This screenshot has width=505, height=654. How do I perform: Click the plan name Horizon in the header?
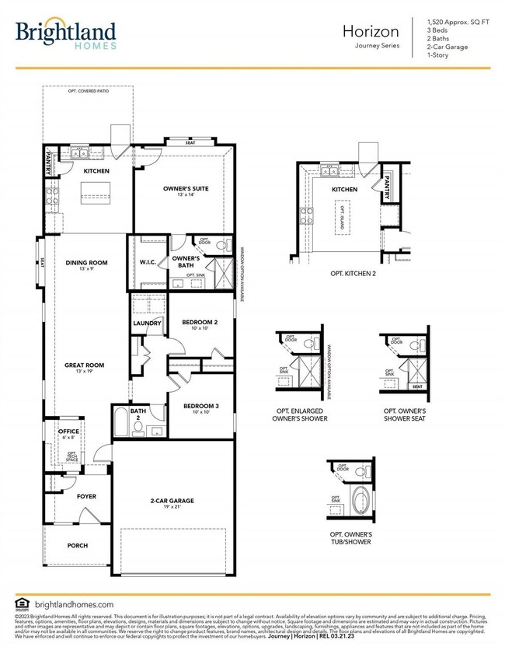point(371,31)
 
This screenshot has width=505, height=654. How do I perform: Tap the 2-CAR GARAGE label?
point(172,501)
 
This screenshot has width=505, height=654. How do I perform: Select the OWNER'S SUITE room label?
point(183,189)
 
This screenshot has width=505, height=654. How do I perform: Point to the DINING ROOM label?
point(86,263)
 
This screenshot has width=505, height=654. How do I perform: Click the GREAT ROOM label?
point(84,365)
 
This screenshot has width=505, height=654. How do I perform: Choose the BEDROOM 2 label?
point(200,322)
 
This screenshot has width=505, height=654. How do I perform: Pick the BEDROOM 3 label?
point(201,406)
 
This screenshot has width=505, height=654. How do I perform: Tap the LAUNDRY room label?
point(147,323)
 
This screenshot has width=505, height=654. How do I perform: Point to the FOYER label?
point(86,495)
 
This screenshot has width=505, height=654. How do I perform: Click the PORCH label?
point(78,545)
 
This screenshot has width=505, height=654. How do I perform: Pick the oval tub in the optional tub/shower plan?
point(362,498)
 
